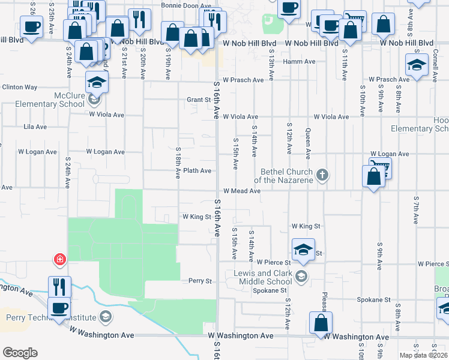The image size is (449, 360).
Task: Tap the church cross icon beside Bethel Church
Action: pyautogui.click(x=322, y=175)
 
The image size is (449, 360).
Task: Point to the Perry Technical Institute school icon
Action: pyautogui.click(x=106, y=316)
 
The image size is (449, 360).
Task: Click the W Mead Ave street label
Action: pyautogui.click(x=241, y=191)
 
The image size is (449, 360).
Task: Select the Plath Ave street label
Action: pyautogui.click(x=197, y=171)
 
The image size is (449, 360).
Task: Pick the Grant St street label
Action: pyautogui.click(x=197, y=100)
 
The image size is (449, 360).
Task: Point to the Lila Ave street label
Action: pyautogui.click(x=34, y=127)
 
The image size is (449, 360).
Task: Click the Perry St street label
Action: pyautogui.click(x=200, y=281)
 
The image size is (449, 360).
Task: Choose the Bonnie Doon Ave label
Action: pyautogui.click(x=181, y=5)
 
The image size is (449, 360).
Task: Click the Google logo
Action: pyautogui.click(x=20, y=353)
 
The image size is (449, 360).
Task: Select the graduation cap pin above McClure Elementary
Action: pyautogui.click(x=96, y=81)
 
